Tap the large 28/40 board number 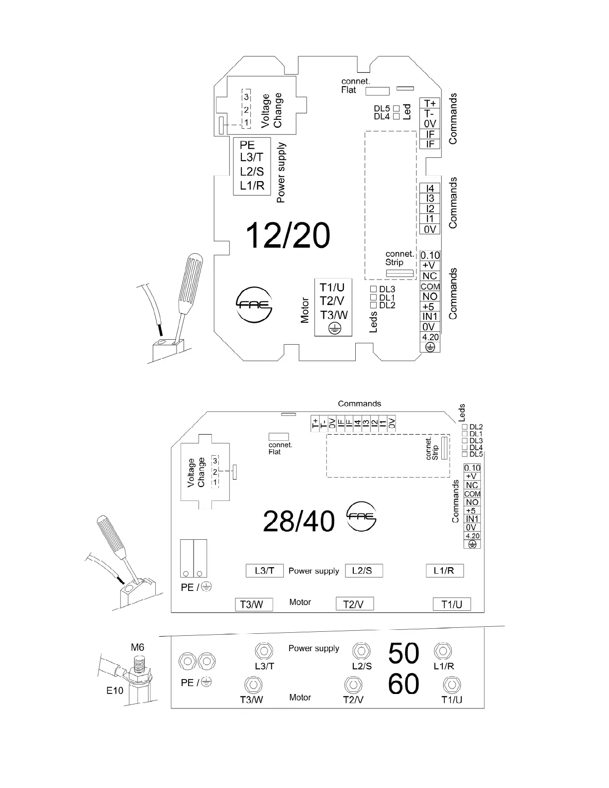(299, 521)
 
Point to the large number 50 (404, 653)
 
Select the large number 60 (404, 685)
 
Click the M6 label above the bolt (137, 647)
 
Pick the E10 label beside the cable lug (115, 690)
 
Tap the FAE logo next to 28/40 (362, 516)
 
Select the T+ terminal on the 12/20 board (430, 103)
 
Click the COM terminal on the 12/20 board (430, 287)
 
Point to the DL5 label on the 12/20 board (382, 108)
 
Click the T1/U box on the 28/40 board (452, 604)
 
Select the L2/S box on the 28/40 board (364, 571)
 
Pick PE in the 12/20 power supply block (247, 145)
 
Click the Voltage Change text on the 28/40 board (196, 473)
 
